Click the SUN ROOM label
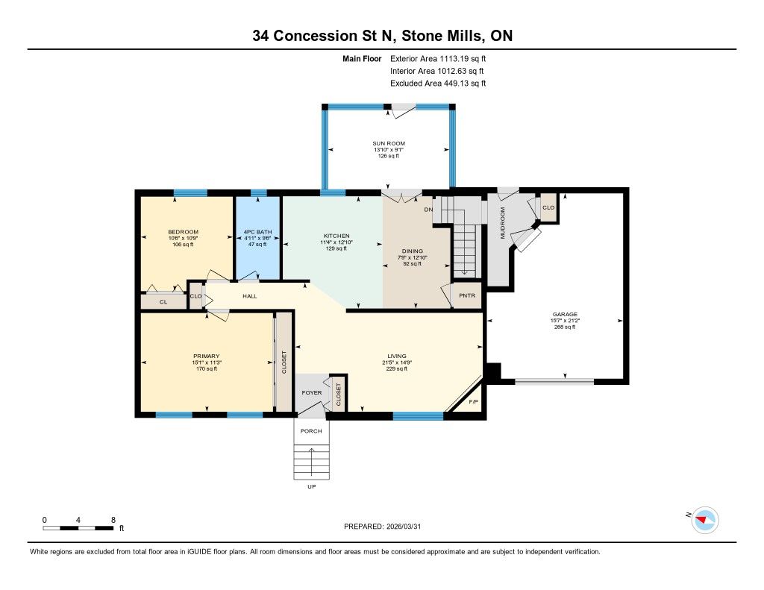tap(389, 143)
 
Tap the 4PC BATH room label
tap(257, 232)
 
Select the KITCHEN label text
tap(336, 236)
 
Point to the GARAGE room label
tap(565, 314)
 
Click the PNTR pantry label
tap(467, 295)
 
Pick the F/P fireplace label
tap(473, 402)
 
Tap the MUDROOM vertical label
tap(503, 223)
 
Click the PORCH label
tap(311, 431)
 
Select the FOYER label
tap(312, 392)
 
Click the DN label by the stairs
tap(428, 210)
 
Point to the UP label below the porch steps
tap(312, 487)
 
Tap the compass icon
tap(705, 521)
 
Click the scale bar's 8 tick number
tap(113, 521)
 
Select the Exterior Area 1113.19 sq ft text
tap(438, 59)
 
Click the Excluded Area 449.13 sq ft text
tap(438, 84)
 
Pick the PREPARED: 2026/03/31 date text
tap(383, 527)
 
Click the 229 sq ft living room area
tap(397, 368)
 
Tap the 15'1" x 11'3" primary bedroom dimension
tap(207, 363)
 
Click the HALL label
tap(250, 296)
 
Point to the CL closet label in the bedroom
tap(163, 302)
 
